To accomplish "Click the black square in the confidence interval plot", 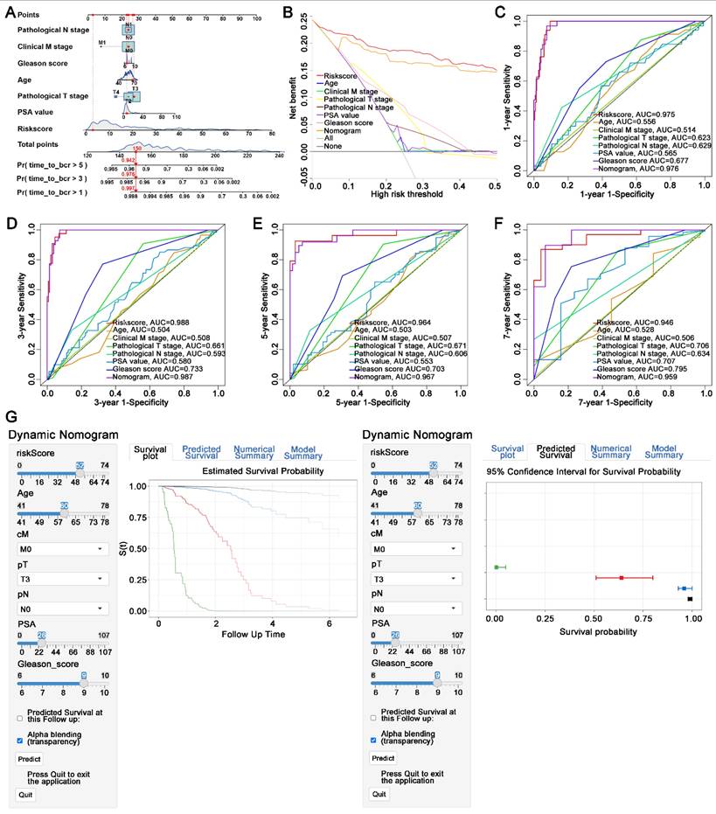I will (690, 599).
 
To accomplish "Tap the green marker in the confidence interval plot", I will (497, 567).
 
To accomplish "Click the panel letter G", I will (11, 420).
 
